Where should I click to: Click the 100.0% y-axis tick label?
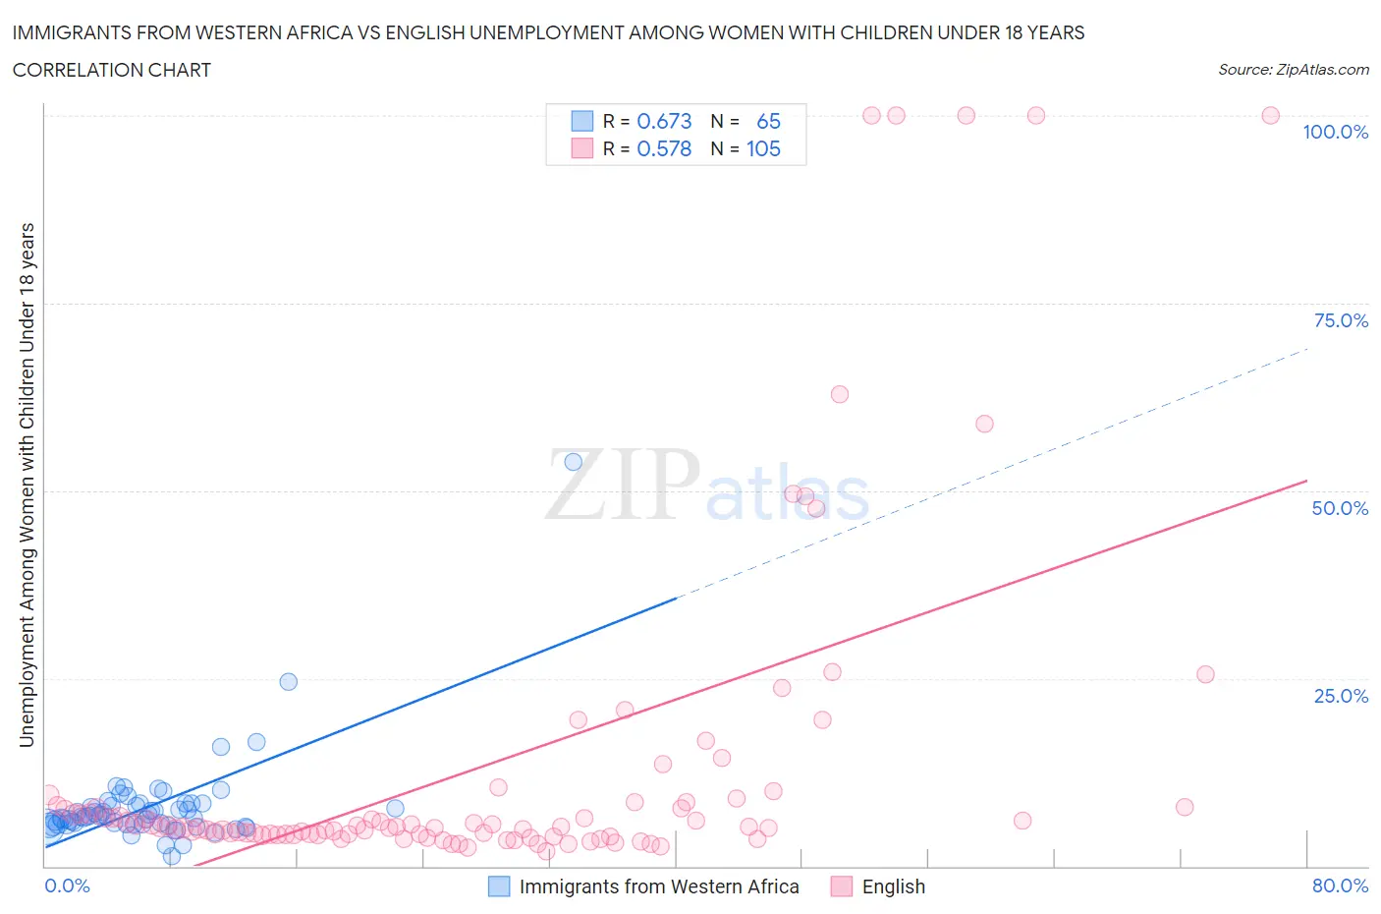(x=1335, y=132)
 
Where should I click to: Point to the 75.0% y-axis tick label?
(x=1340, y=320)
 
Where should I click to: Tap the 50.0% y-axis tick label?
(x=1340, y=508)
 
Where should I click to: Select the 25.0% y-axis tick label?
(x=1340, y=696)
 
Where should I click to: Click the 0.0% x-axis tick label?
(x=67, y=885)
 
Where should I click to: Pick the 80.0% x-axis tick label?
(x=1340, y=885)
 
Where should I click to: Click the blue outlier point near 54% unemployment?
(x=574, y=462)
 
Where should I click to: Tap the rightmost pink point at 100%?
(x=1270, y=115)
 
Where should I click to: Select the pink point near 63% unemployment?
(x=839, y=394)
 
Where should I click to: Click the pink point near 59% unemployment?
(x=984, y=424)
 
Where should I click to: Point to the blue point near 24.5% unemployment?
(x=288, y=682)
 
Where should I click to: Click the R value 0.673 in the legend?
(x=664, y=121)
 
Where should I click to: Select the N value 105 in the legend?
(x=763, y=148)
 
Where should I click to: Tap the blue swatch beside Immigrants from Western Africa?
(x=499, y=886)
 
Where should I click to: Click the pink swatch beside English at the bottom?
(x=841, y=886)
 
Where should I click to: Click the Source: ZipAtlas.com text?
(x=1293, y=70)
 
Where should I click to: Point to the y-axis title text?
(x=27, y=485)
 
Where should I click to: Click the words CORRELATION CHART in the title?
(x=112, y=70)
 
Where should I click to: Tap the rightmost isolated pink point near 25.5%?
(x=1205, y=674)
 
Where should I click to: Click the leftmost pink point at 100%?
(x=871, y=115)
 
